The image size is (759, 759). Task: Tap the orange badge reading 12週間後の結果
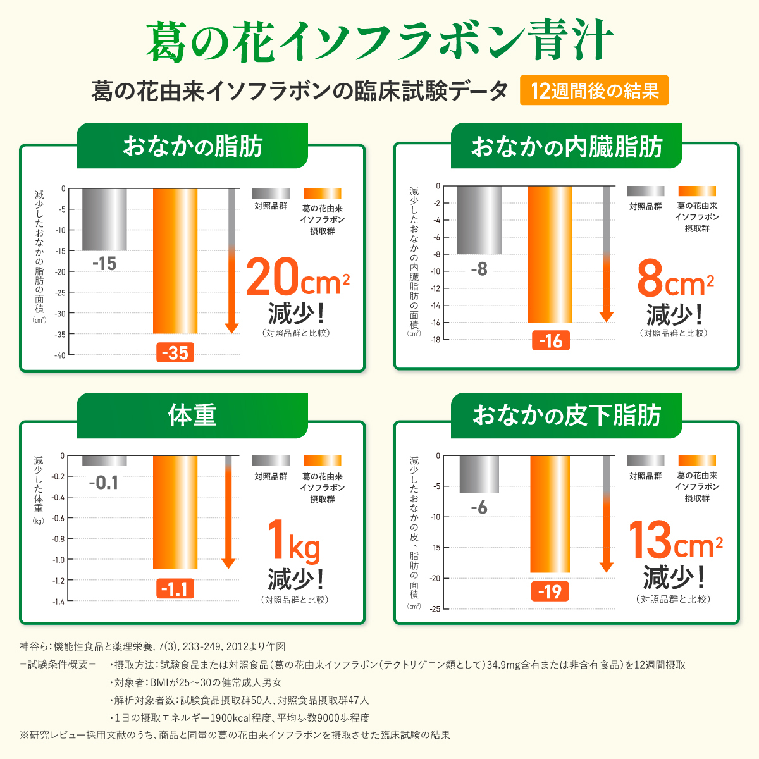(594, 91)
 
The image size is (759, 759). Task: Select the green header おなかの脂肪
(192, 146)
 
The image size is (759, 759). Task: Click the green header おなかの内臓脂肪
(567, 146)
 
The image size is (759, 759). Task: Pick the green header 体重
(192, 416)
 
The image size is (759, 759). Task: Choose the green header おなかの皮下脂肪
(567, 416)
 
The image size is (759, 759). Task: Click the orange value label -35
(175, 352)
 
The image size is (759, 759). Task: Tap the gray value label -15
(104, 264)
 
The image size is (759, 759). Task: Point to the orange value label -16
(550, 341)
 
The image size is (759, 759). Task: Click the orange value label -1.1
(175, 589)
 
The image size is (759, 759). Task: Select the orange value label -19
(550, 591)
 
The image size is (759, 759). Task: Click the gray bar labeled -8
(479, 220)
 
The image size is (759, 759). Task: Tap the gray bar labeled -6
(479, 474)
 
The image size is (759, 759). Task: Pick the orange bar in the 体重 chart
(175, 512)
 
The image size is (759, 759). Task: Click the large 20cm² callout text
(297, 278)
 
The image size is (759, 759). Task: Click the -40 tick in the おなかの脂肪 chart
(59, 355)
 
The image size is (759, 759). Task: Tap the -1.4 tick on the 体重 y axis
(58, 601)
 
